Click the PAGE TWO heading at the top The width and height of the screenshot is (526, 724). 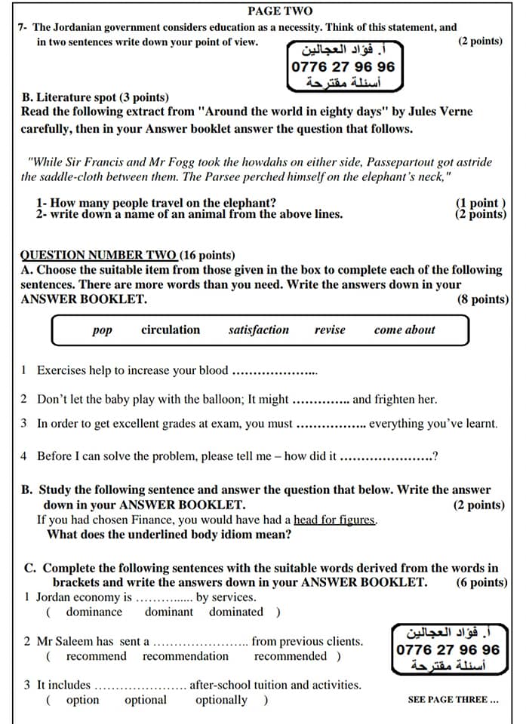[x=279, y=11]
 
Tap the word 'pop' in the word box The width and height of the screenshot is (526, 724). [x=102, y=330]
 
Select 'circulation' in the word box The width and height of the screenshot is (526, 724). [x=171, y=330]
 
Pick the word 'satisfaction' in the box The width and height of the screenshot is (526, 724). [x=258, y=330]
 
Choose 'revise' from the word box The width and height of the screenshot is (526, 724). [x=330, y=330]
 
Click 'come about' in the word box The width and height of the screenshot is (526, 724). [x=404, y=330]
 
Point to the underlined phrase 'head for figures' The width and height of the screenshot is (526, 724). [x=334, y=520]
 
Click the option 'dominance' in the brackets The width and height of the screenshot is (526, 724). [x=94, y=612]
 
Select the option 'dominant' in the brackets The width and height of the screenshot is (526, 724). [x=169, y=612]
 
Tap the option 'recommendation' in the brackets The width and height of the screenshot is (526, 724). [x=186, y=655]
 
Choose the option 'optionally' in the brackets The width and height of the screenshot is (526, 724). [x=221, y=699]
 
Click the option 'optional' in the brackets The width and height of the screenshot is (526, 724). [x=146, y=699]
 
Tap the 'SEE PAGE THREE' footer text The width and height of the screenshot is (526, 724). [x=453, y=699]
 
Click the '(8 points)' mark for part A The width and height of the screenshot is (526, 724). [x=482, y=299]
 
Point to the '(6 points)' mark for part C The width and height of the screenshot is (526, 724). [x=481, y=582]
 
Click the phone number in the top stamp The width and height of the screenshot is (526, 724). [x=343, y=66]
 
